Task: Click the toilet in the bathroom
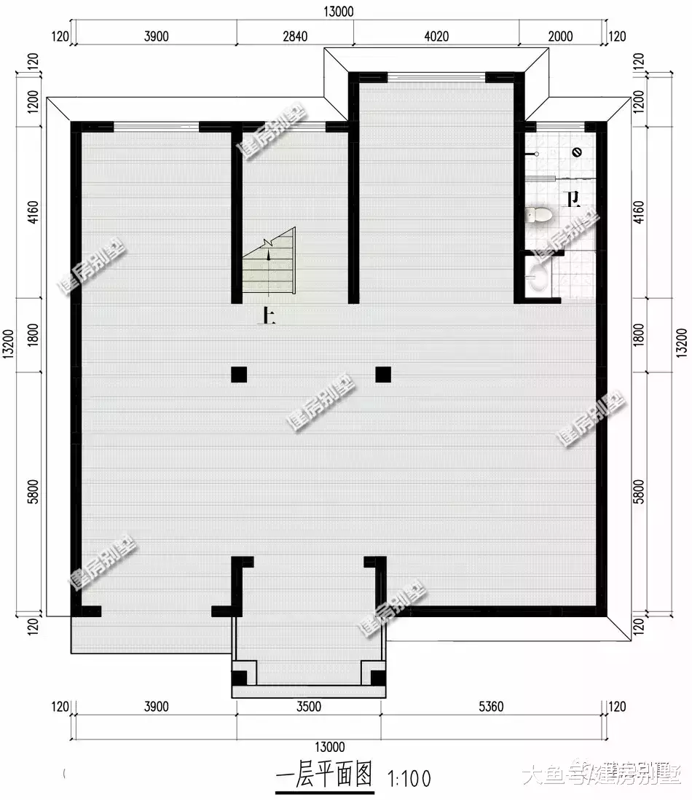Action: (538, 215)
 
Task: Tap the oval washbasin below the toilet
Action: (537, 278)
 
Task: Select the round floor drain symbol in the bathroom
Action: (576, 152)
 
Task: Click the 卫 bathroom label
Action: (573, 198)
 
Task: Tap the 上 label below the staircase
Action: (268, 315)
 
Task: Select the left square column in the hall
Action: (238, 374)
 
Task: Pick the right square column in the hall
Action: (383, 374)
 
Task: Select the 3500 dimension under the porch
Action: (308, 706)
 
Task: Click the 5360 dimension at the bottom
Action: (489, 706)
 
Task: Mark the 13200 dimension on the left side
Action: (8, 341)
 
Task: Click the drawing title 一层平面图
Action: (324, 774)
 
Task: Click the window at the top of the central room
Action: (436, 75)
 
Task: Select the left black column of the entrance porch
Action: (239, 678)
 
